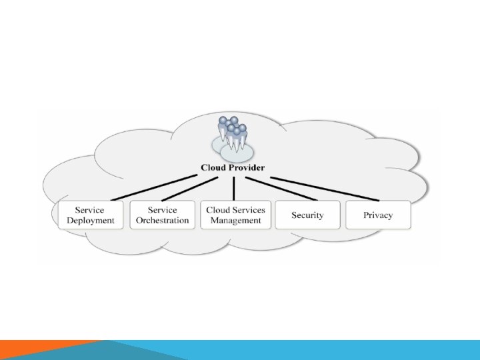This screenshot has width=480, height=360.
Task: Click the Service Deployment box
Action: click(91, 215)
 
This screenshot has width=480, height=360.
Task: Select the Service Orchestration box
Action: click(162, 215)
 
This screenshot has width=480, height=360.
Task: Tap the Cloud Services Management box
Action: click(235, 215)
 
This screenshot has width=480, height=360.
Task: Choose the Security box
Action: click(307, 215)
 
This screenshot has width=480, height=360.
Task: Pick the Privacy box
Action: click(378, 215)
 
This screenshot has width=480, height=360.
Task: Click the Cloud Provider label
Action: click(233, 168)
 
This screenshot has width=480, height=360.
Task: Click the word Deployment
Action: click(91, 221)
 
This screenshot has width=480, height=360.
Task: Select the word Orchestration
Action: click(162, 221)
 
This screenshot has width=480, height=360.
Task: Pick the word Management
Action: click(235, 221)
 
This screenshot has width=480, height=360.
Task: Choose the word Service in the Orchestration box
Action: click(162, 210)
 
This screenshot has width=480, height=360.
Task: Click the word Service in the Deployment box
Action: click(90, 210)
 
